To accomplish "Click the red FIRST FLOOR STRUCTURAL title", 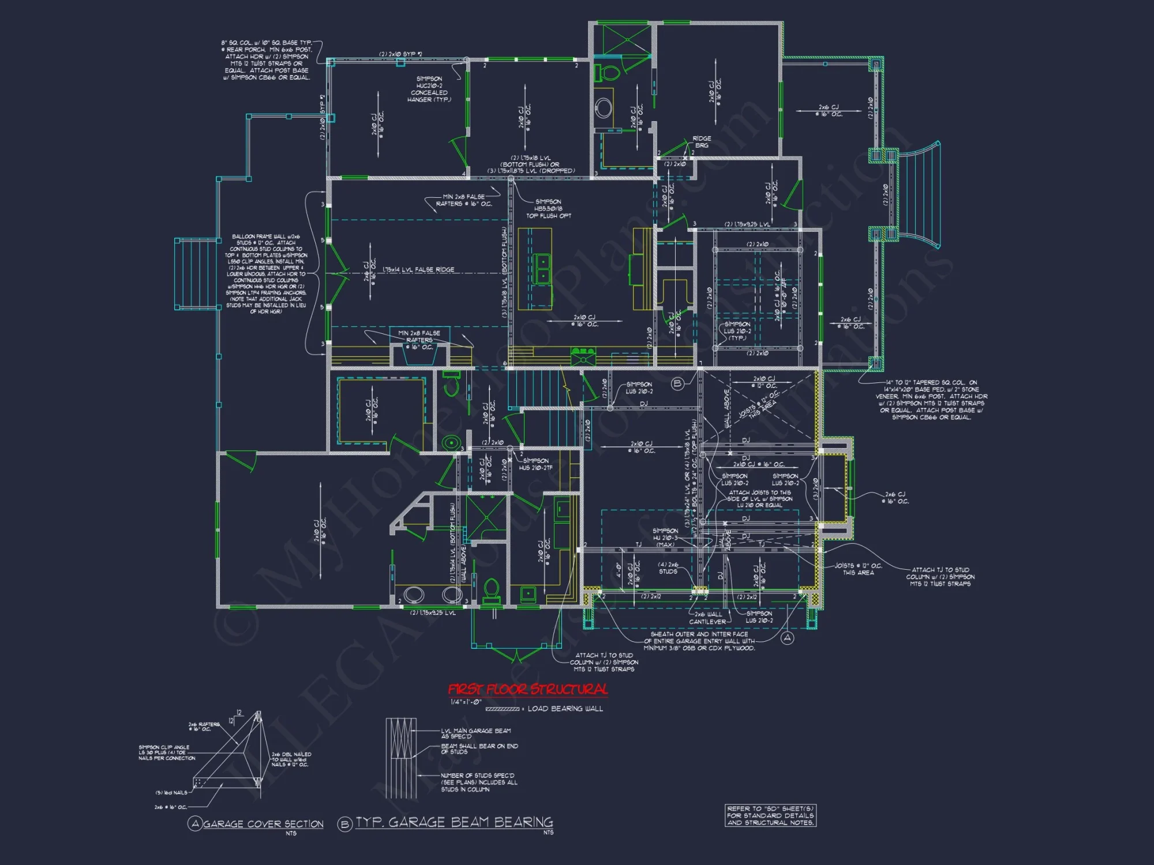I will click(527, 689).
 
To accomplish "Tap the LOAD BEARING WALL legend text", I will click(565, 709).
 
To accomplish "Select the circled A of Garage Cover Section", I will click(195, 823).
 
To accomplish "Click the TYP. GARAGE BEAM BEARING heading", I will click(454, 822).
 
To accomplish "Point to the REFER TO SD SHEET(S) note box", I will click(770, 815).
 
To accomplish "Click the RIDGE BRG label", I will click(702, 142).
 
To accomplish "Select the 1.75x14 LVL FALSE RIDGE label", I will click(418, 270).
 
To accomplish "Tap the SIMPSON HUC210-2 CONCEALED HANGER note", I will click(429, 89).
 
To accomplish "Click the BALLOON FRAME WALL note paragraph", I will click(266, 274).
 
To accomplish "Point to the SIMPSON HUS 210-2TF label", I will click(535, 464).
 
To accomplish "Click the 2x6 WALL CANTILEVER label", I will click(708, 618).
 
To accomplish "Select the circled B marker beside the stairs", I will click(677, 383).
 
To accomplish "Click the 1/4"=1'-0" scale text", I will click(466, 702).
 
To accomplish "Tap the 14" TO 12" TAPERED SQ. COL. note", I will click(931, 400).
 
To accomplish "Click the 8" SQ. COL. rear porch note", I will click(267, 60).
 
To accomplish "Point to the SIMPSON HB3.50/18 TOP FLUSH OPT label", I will click(548, 209).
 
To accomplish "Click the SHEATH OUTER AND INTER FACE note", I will click(699, 641).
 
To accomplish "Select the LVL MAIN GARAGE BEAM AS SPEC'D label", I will click(476, 733).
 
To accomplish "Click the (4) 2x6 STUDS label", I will click(668, 568).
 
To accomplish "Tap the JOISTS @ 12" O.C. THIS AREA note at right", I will click(858, 569).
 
